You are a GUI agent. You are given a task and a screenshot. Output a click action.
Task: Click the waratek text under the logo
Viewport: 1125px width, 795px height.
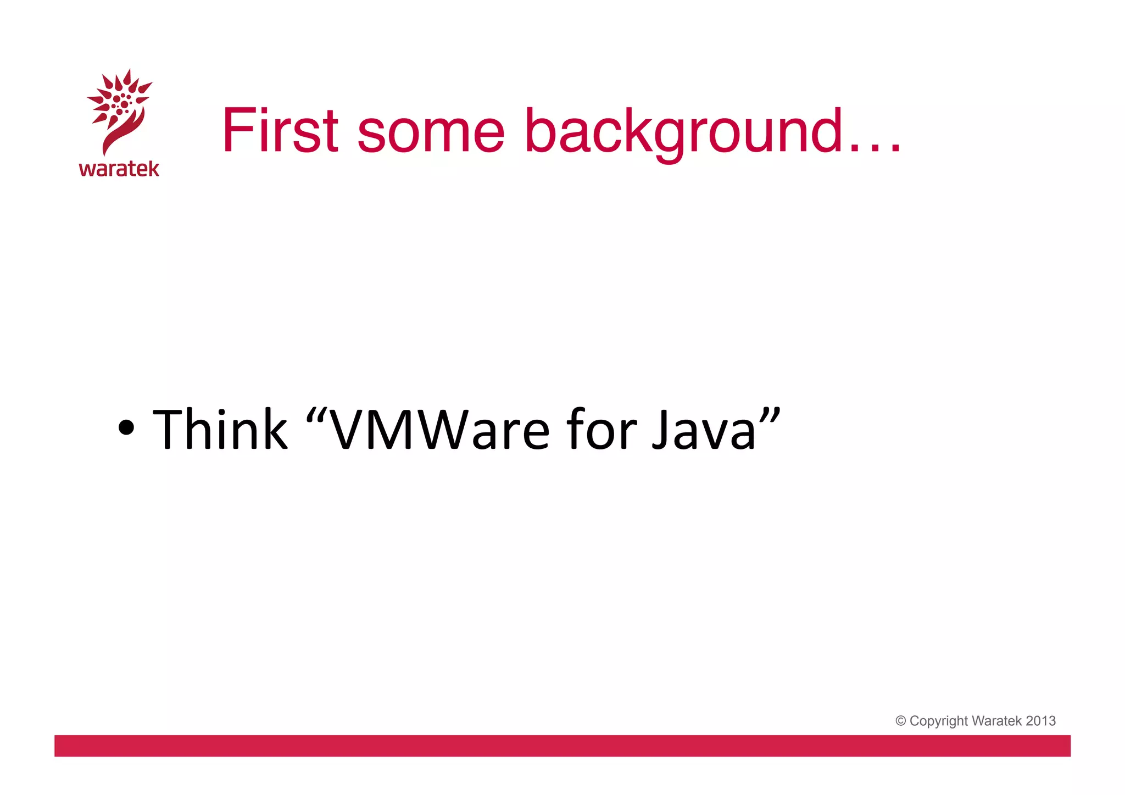119,169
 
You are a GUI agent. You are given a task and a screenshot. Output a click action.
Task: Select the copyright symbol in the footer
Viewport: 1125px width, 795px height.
900,721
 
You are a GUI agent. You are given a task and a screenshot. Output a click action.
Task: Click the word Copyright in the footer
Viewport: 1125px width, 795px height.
938,721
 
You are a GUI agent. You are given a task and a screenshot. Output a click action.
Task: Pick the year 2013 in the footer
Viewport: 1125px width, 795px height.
1040,721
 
